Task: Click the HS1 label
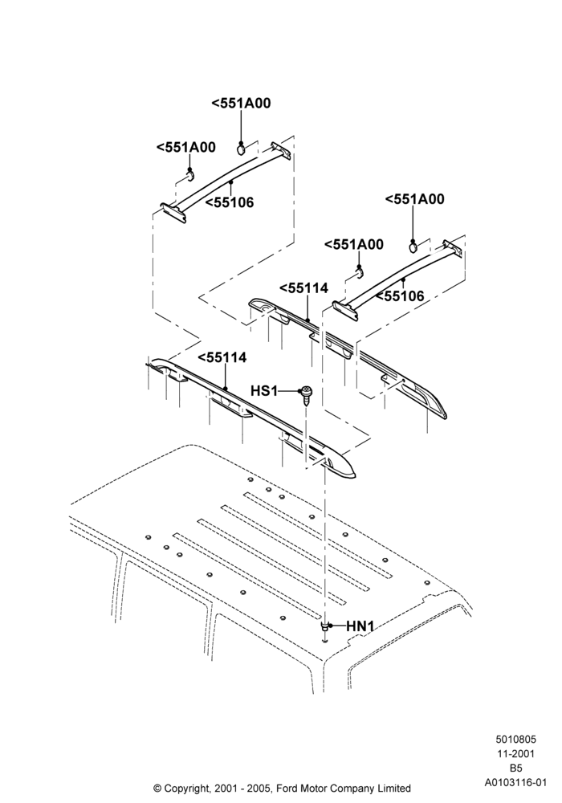point(263,391)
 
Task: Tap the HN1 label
point(360,626)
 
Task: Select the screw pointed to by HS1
point(307,394)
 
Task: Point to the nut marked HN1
point(325,626)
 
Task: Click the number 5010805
point(515,739)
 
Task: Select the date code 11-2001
point(515,753)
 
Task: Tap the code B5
point(515,768)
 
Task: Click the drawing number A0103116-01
point(516,782)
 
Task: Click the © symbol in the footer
point(157,789)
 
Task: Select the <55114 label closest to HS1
point(222,357)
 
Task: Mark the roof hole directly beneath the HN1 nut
point(325,641)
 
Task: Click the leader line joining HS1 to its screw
point(289,391)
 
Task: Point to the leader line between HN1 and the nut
point(338,626)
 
